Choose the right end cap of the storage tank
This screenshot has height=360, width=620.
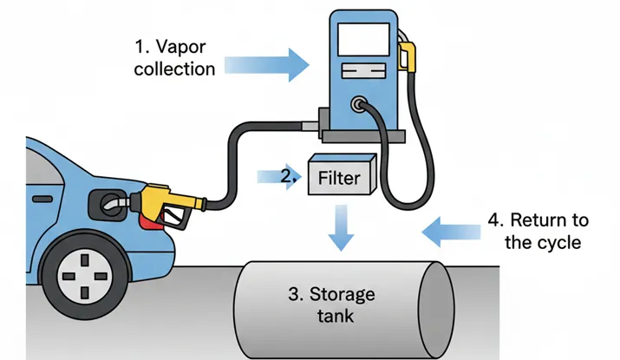436,299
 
